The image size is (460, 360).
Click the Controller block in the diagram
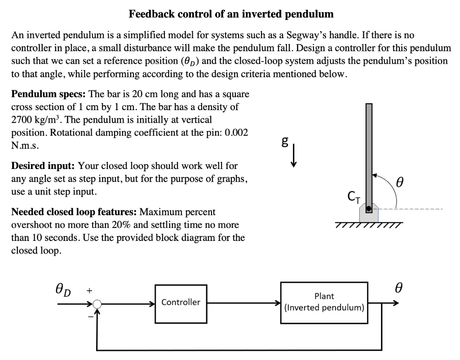point(180,302)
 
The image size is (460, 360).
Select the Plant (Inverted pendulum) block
point(324,302)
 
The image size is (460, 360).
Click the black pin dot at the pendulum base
point(368,209)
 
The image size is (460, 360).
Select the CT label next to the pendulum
point(354,196)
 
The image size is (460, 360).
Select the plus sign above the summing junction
point(89,290)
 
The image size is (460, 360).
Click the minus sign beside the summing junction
point(90,317)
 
